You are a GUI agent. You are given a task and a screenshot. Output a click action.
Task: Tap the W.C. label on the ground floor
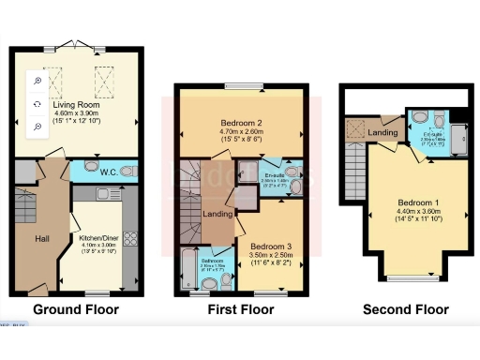109,172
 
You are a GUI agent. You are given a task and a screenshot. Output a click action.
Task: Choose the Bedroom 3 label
270,246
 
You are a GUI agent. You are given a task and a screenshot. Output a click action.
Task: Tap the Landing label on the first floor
218,215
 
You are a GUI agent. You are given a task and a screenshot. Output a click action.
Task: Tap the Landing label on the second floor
382,133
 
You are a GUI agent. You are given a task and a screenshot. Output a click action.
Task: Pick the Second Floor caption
405,309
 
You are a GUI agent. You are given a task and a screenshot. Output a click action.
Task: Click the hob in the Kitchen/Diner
130,239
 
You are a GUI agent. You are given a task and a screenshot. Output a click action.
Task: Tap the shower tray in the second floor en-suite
457,137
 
